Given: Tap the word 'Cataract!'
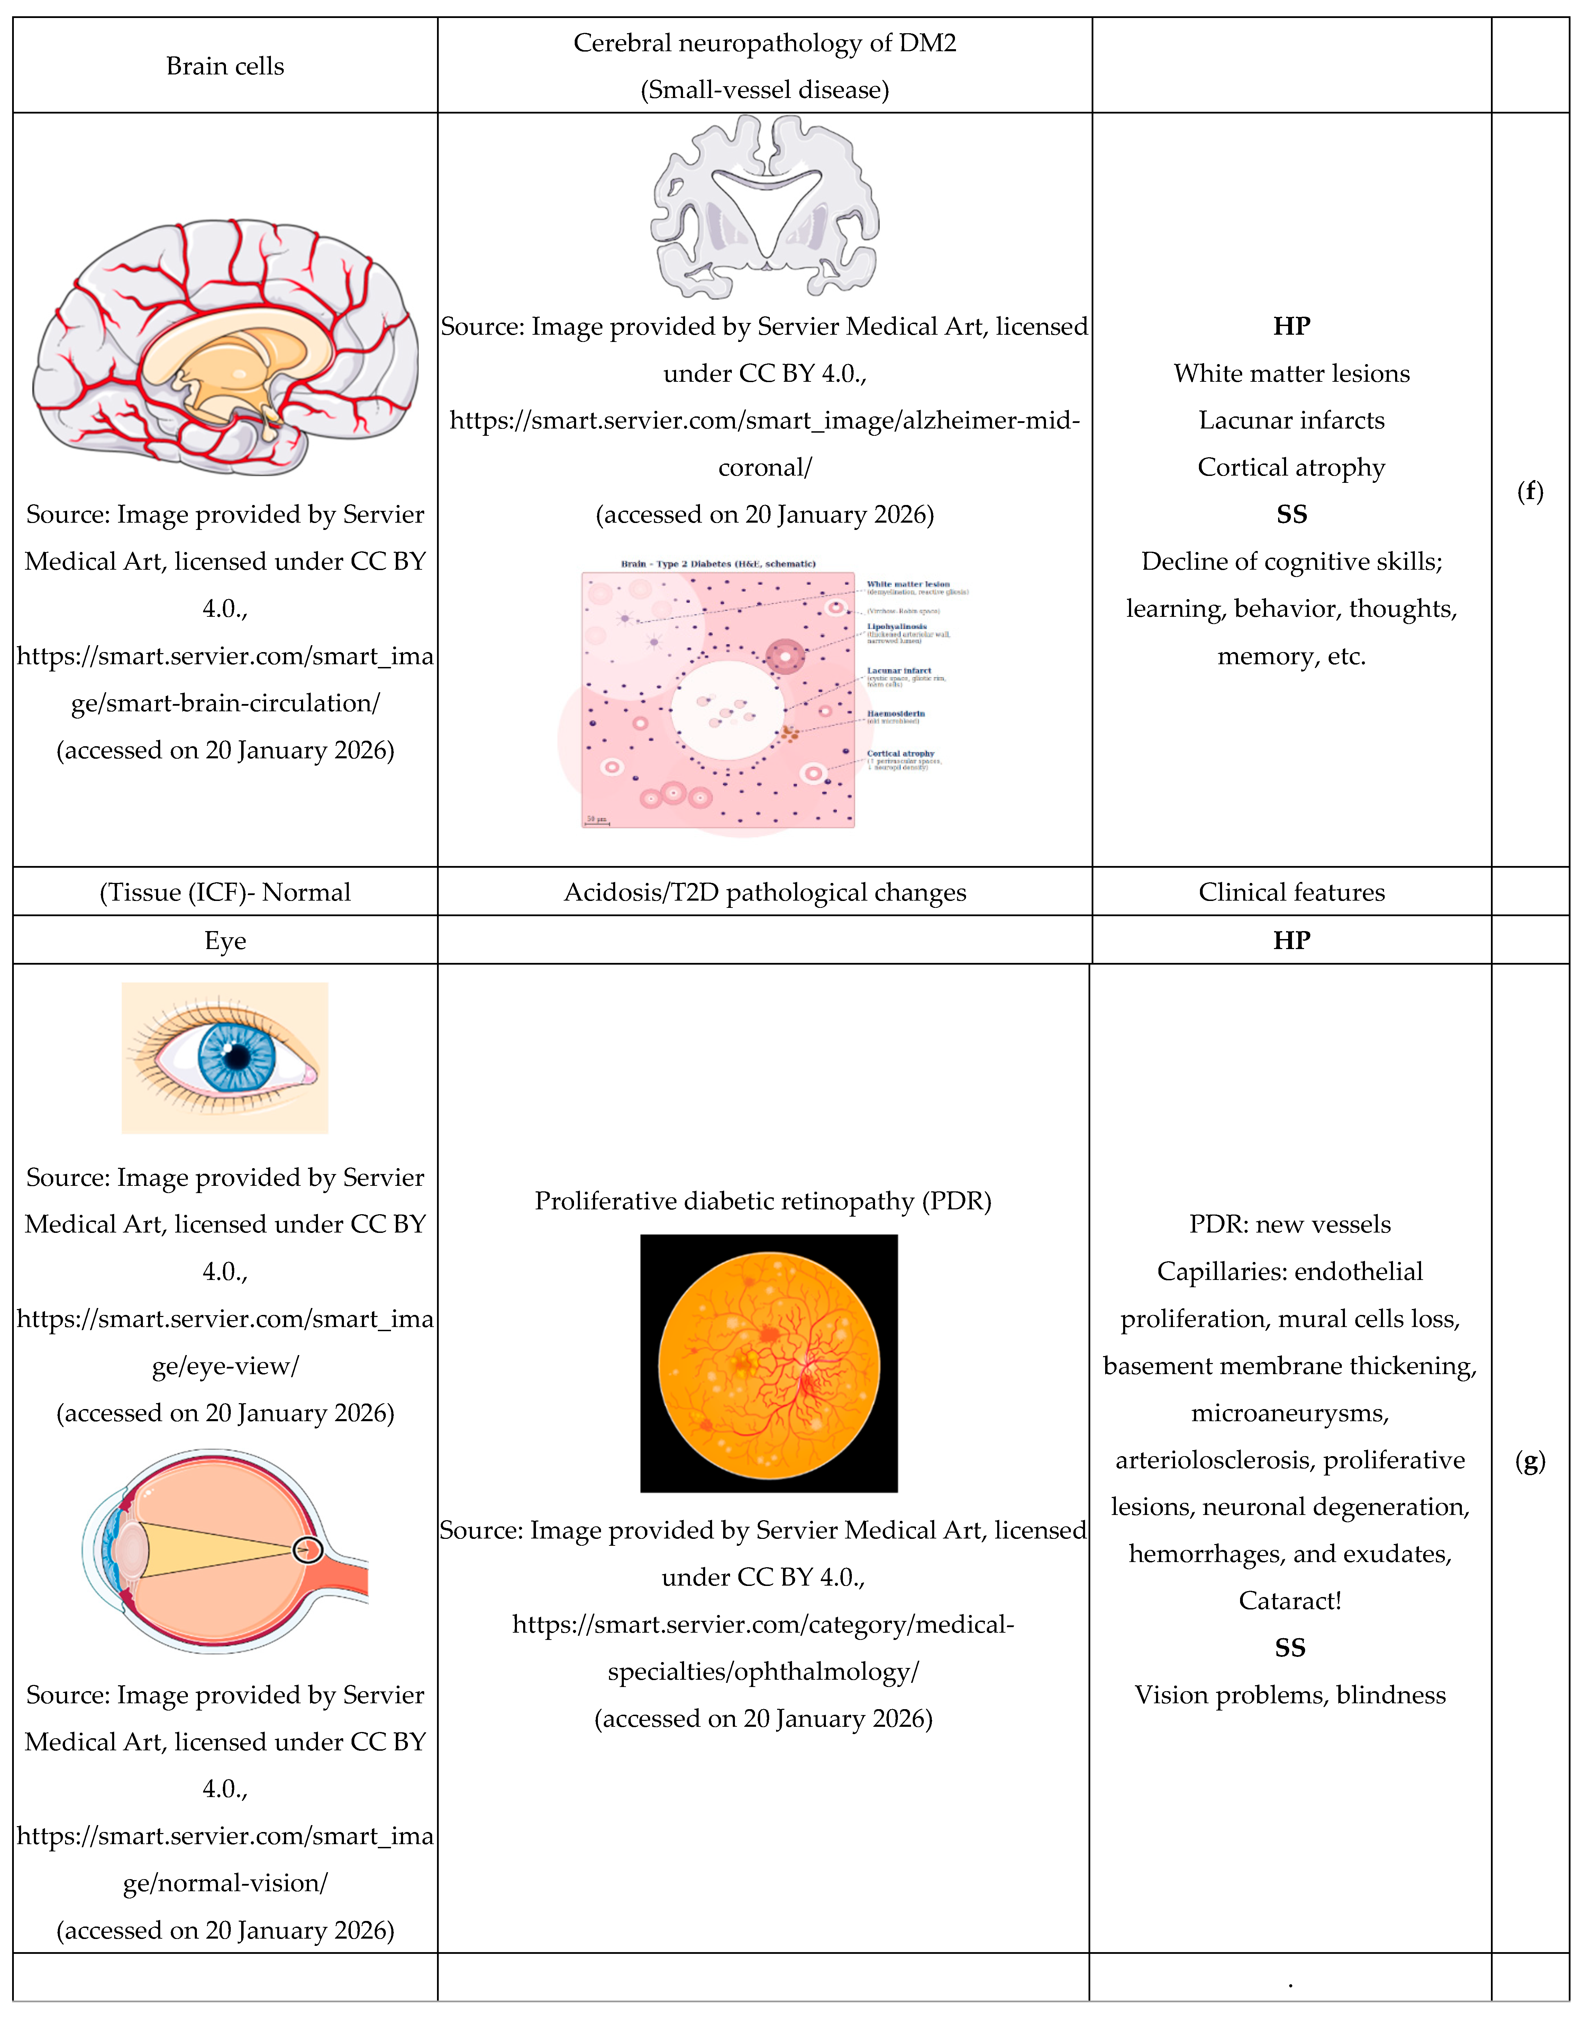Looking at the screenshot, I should (x=1290, y=1601).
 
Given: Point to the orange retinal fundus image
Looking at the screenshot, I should (x=769, y=1363).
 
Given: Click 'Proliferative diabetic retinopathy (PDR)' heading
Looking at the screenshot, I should (x=763, y=1201).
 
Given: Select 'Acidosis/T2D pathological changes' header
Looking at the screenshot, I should (x=765, y=892).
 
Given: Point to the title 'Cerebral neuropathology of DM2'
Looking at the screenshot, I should (x=765, y=43).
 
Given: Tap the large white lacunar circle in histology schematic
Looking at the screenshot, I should (x=728, y=711).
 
